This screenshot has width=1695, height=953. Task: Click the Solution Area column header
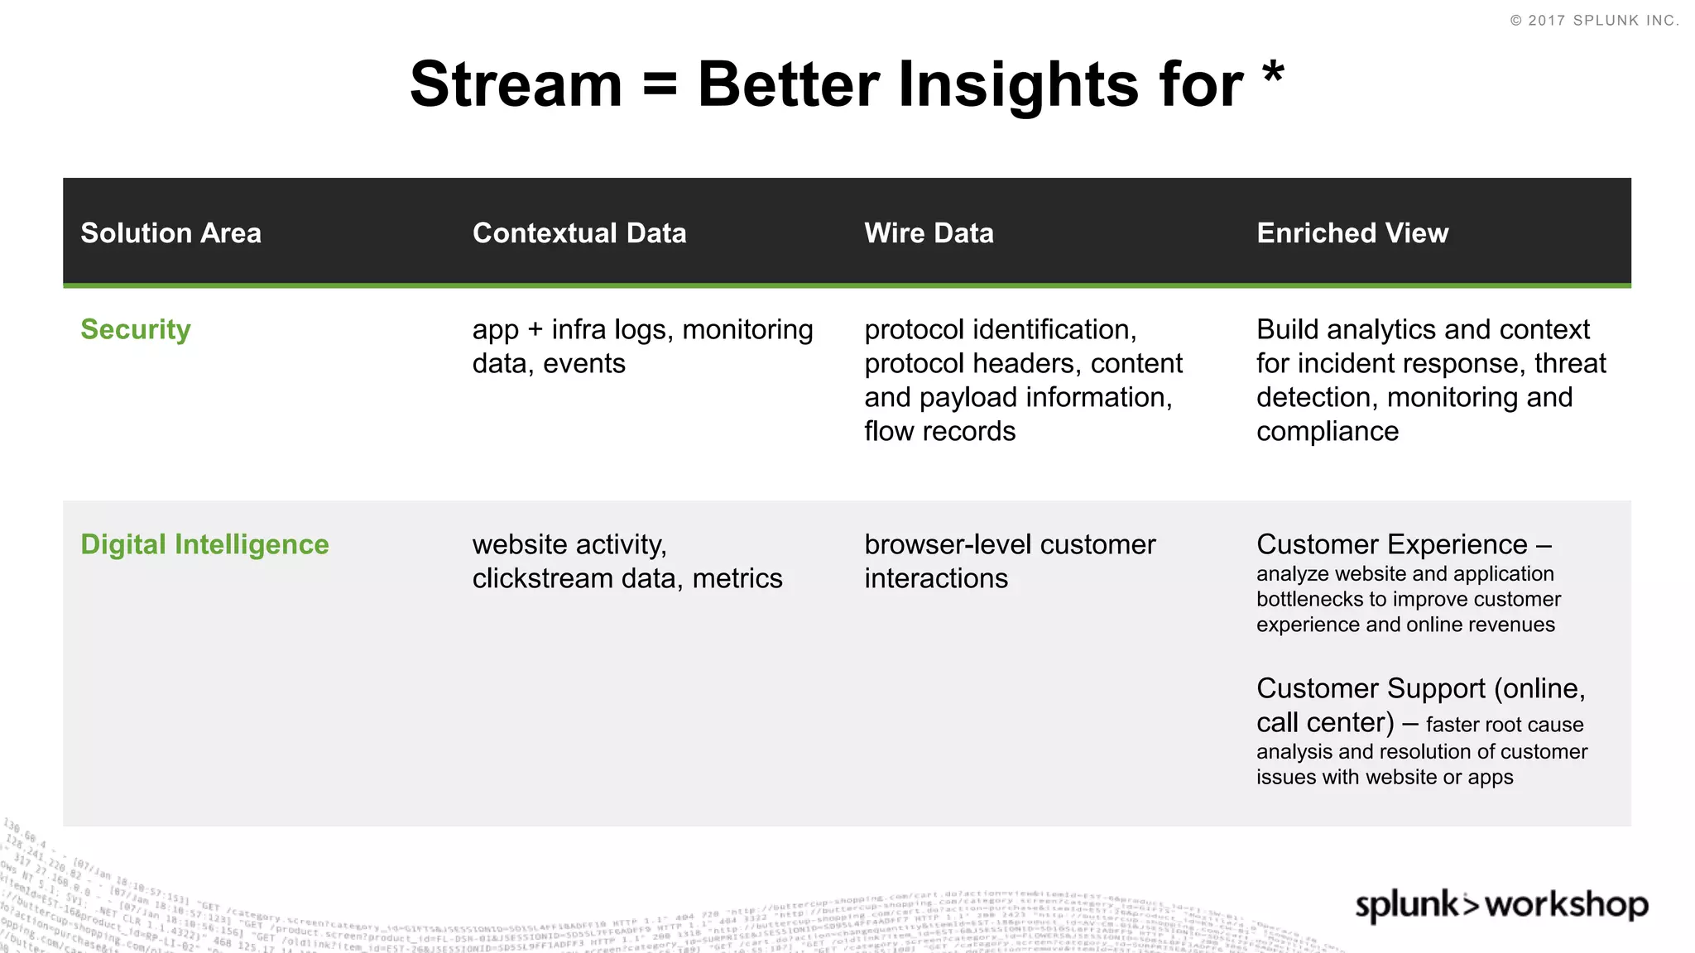(x=170, y=233)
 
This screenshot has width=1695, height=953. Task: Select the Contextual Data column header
(x=579, y=233)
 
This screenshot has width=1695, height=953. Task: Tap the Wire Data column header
(x=929, y=233)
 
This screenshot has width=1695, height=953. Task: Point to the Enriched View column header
(x=1352, y=233)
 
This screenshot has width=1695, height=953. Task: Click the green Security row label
(x=136, y=329)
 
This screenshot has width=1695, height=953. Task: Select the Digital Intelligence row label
(x=204, y=544)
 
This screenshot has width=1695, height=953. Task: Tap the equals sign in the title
(x=660, y=85)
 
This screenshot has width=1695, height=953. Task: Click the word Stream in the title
(x=516, y=85)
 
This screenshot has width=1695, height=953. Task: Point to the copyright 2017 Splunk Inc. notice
(x=1594, y=21)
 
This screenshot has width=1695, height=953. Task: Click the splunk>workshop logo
(x=1501, y=905)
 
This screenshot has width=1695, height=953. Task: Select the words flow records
(x=939, y=431)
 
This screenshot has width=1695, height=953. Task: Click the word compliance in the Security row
(x=1327, y=431)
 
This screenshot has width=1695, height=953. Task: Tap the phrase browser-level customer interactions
(x=1009, y=561)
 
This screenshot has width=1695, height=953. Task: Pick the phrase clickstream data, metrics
(x=627, y=578)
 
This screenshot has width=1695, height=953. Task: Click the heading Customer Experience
(x=1392, y=544)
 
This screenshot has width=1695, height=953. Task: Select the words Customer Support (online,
(x=1420, y=688)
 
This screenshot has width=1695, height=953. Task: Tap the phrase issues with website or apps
(x=1384, y=777)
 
